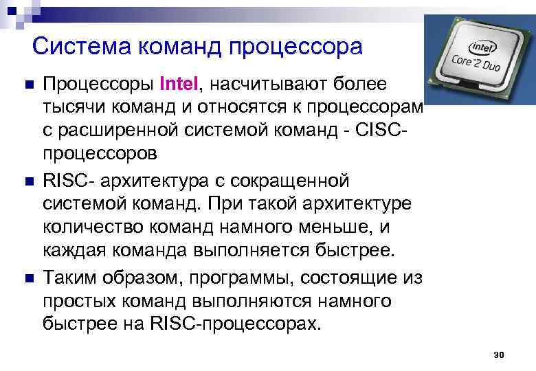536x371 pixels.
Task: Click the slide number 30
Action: click(499, 355)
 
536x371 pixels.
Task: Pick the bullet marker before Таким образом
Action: click(28, 278)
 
